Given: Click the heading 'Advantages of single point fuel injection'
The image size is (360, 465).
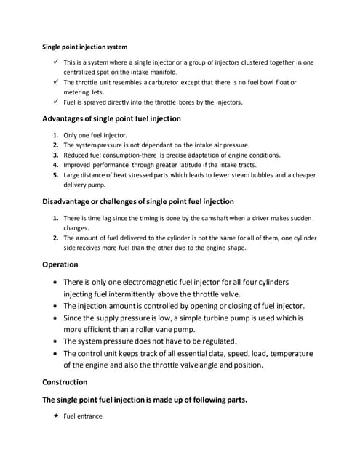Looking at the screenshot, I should pos(111,118).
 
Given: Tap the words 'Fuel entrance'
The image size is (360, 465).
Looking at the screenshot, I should pos(83,416).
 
